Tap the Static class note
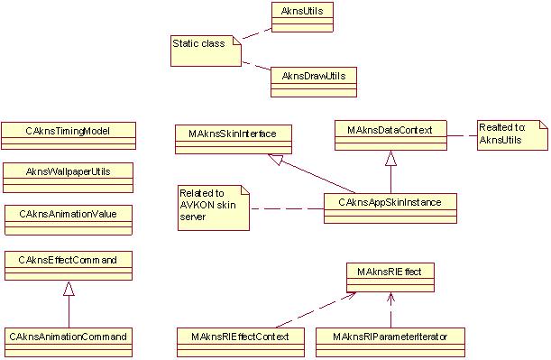click(206, 50)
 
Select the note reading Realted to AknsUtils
click(513, 135)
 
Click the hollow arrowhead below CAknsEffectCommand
click(68, 289)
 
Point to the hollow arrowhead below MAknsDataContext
click(390, 158)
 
